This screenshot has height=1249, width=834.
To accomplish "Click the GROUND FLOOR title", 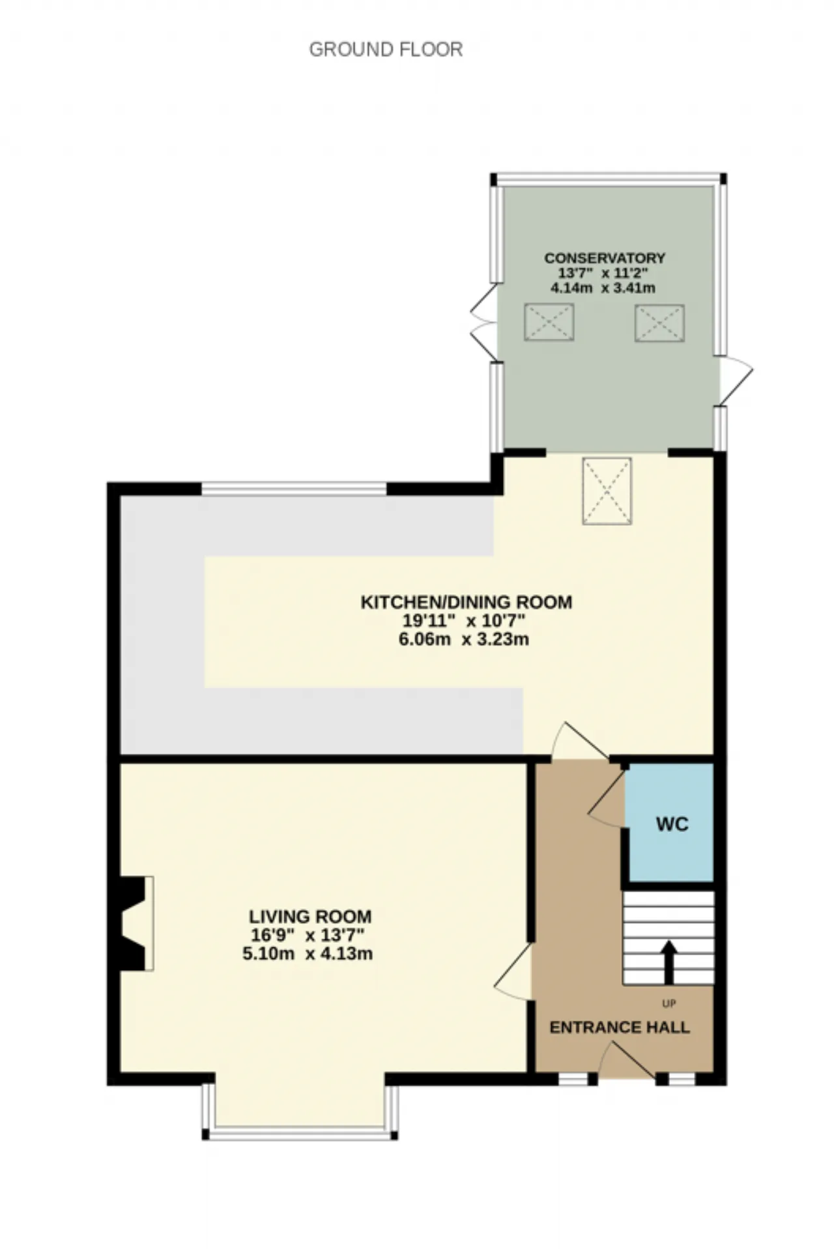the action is [386, 50].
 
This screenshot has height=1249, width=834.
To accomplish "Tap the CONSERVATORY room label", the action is [605, 258].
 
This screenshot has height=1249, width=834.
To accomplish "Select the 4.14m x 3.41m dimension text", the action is [603, 287].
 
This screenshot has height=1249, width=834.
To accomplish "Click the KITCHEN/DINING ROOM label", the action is [467, 602].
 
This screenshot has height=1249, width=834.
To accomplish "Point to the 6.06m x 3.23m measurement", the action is [464, 639].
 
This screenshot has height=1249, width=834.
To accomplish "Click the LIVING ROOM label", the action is [310, 917].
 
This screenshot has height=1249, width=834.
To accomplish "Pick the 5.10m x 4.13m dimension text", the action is [308, 954].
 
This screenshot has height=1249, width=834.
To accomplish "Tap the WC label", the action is [672, 824].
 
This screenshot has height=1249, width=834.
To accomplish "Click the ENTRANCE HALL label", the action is [620, 1027].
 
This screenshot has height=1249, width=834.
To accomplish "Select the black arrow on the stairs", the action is [669, 962].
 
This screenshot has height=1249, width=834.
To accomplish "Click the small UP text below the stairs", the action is [669, 1003].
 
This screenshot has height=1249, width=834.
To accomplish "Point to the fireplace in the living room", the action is [134, 923].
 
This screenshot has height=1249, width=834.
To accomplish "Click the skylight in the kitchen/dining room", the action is [607, 491].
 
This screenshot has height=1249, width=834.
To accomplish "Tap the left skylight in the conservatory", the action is [549, 322].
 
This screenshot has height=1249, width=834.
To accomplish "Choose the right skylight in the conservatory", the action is [659, 322].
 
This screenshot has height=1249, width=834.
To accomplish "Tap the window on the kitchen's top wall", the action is [294, 489].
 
